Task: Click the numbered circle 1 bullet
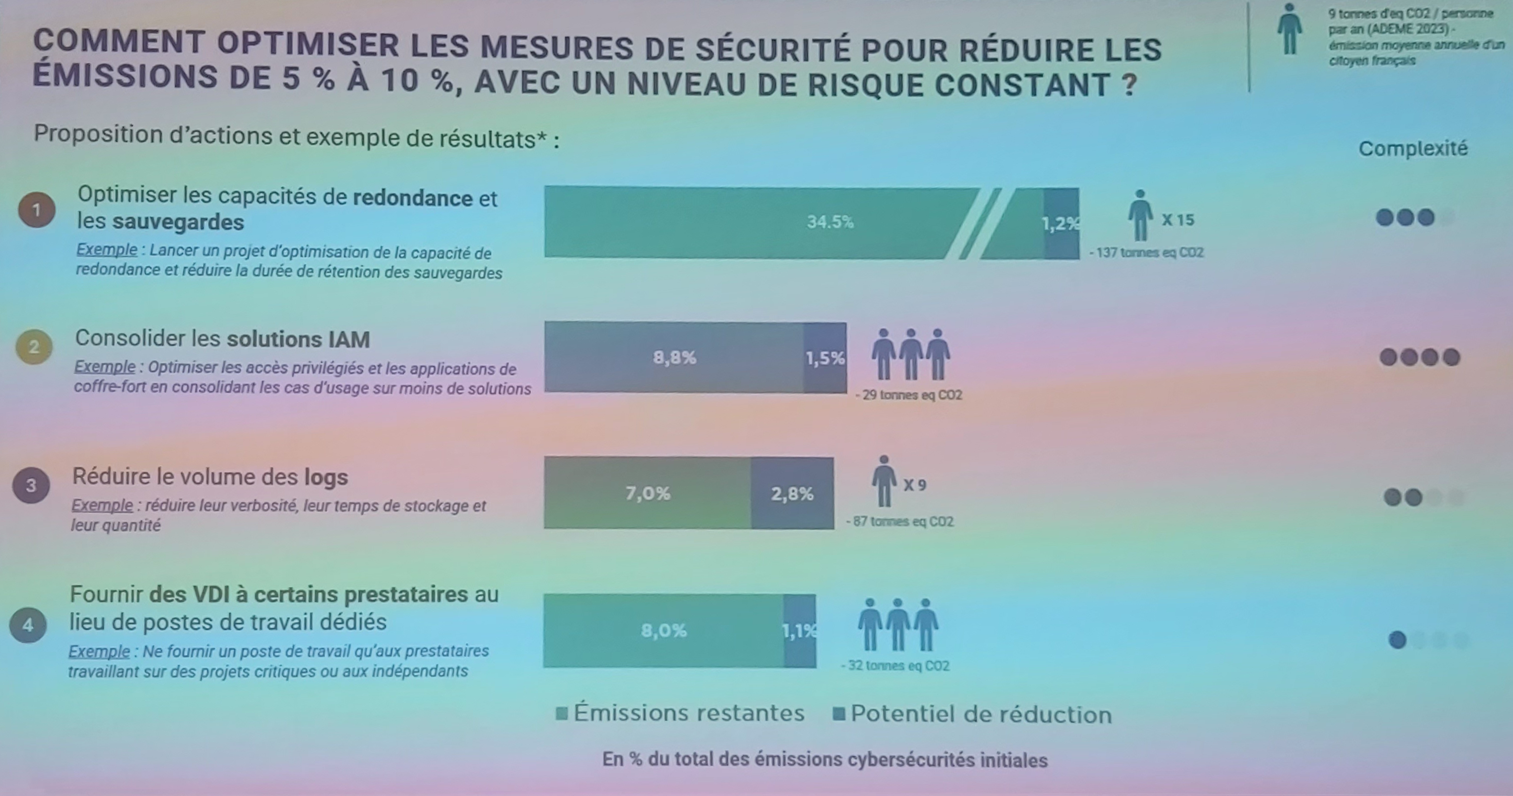[x=37, y=210]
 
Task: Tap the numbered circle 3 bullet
[x=31, y=485]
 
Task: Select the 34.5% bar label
[x=829, y=222]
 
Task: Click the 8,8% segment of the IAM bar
[x=674, y=357]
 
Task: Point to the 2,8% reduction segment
[x=792, y=493]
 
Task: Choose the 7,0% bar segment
[x=647, y=493]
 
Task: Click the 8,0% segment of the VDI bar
[x=664, y=630]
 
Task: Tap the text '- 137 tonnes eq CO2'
[x=1146, y=253]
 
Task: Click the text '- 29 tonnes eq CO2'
[x=909, y=395]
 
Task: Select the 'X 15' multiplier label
[x=1178, y=220]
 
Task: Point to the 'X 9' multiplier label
[x=914, y=485]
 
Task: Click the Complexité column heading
[x=1412, y=149]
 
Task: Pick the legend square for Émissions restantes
[x=562, y=714]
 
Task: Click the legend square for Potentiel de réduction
[x=839, y=714]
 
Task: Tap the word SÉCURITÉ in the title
[x=773, y=49]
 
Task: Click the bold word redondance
[x=413, y=198]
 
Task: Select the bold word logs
[x=326, y=477]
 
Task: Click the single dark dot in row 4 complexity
[x=1397, y=640]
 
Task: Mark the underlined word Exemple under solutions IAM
[x=104, y=367]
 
